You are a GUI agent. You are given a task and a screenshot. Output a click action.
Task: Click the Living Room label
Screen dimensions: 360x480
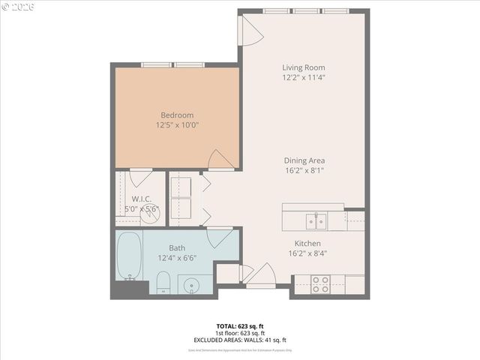pyautogui.click(x=304, y=67)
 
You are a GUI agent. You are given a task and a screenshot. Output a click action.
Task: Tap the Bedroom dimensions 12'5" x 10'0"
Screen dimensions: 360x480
pyautogui.click(x=178, y=125)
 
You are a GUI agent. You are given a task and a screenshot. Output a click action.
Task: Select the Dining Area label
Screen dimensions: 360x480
pyautogui.click(x=304, y=160)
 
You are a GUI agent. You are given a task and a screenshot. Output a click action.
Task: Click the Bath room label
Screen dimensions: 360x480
pyautogui.click(x=177, y=247)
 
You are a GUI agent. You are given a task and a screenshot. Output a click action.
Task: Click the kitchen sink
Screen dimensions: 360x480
pyautogui.click(x=316, y=220)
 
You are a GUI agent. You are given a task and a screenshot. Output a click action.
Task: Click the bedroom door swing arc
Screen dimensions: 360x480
pyautogui.click(x=219, y=159)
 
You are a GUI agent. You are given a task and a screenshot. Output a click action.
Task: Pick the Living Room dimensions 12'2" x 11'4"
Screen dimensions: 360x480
pyautogui.click(x=304, y=77)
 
